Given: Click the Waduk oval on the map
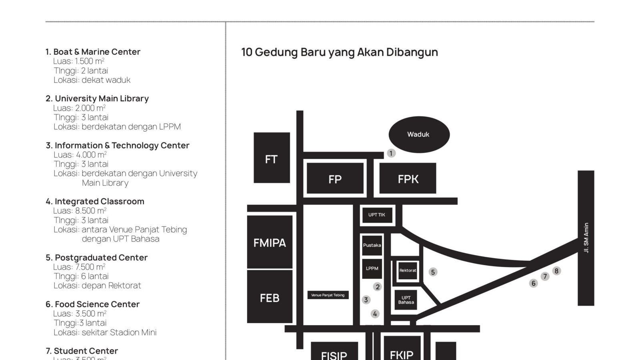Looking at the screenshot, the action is point(419,134).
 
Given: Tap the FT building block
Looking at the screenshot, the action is point(272,158).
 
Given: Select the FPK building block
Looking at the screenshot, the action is point(408,178).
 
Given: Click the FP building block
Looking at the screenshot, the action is point(335,178).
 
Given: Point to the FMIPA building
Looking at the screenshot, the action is point(270,242).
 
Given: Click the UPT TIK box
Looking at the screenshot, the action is point(377,215).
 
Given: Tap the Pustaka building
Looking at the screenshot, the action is point(372,245).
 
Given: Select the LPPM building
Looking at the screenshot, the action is point(372,268).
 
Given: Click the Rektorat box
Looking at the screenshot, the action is point(408,270).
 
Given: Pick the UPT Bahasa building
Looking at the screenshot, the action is point(406,300).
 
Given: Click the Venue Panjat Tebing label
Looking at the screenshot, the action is point(328,295).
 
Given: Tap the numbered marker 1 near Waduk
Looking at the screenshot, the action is point(391,154).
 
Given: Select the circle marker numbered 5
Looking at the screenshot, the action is point(433,272).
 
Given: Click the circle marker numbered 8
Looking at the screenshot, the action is point(556,271).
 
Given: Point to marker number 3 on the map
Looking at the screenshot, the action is point(366,300).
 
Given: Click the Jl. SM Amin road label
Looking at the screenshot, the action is point(586,238).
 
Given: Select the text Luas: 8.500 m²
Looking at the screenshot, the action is point(80,210).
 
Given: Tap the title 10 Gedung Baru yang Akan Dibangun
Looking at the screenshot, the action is point(340,52).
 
